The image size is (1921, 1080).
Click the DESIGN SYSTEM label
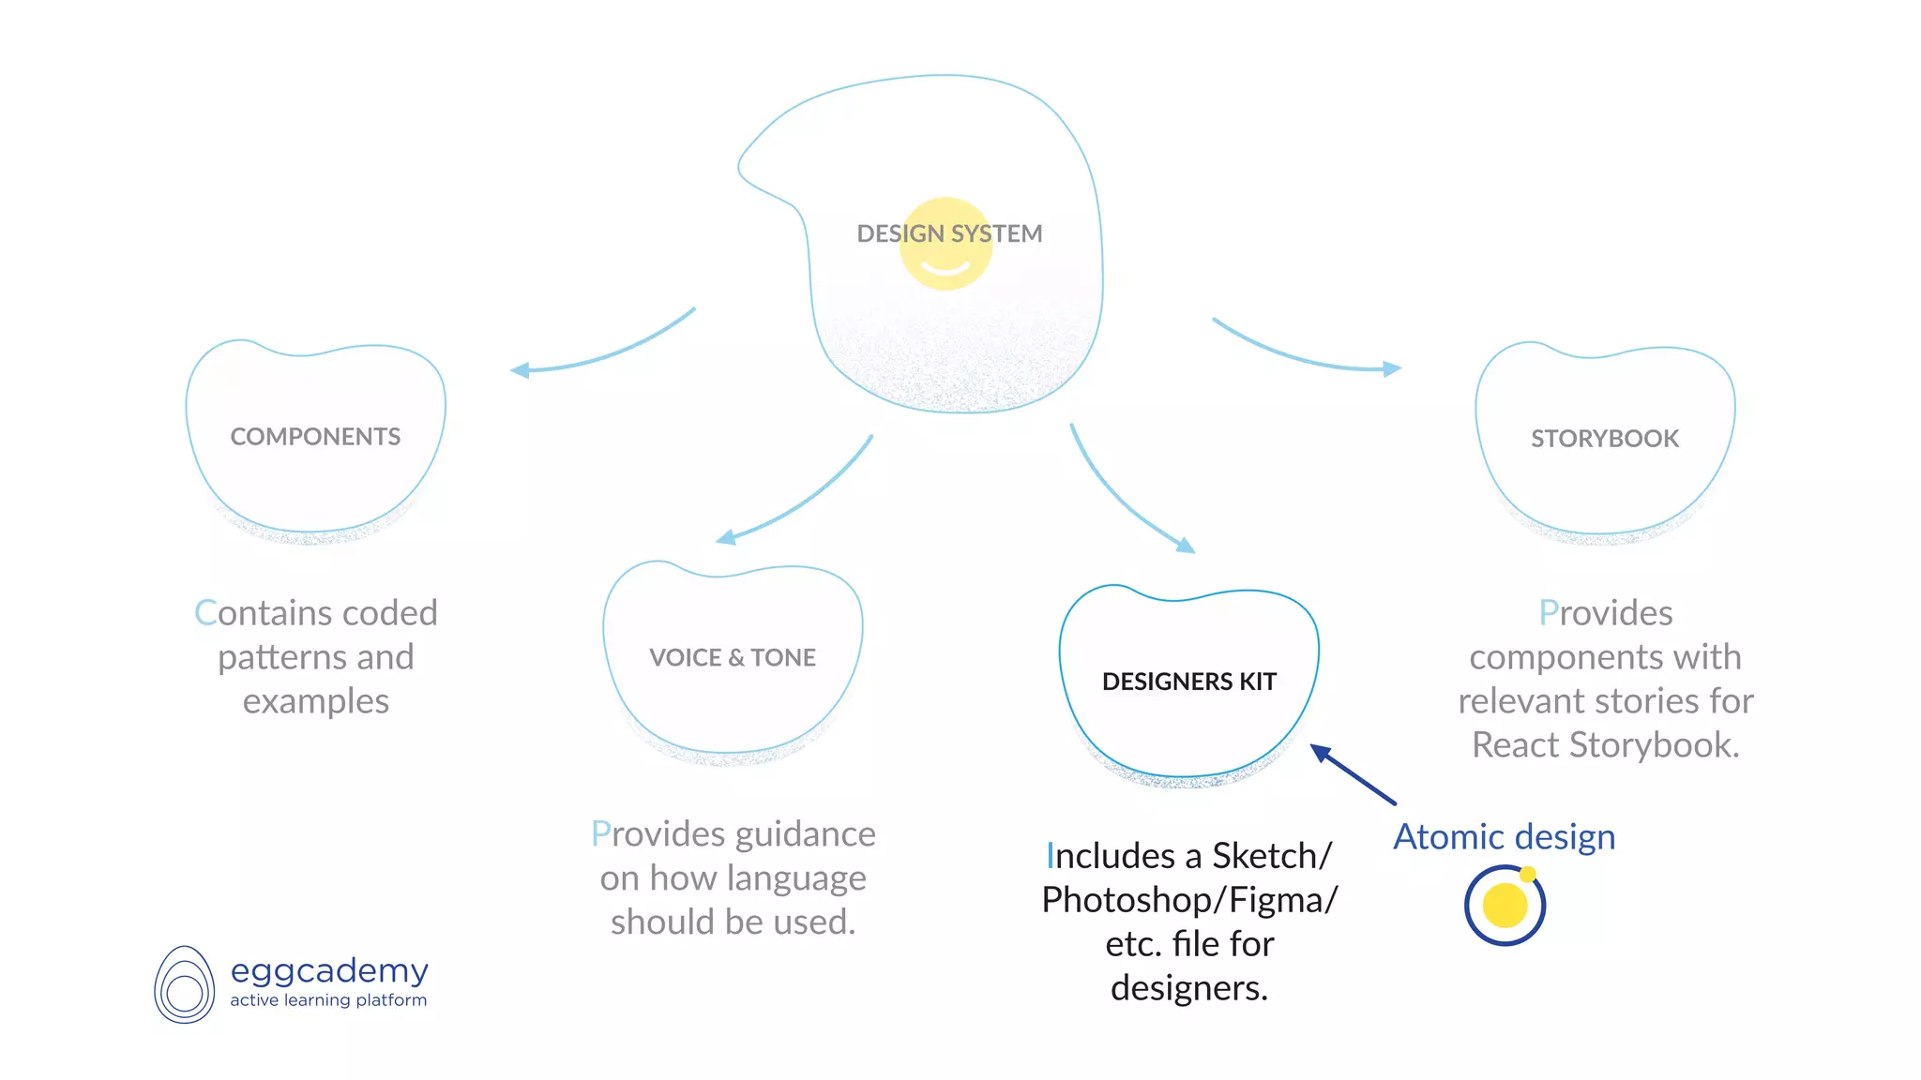949,233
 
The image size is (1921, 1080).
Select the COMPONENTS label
315,437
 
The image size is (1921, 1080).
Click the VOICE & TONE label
733,657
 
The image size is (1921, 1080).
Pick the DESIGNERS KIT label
1189,682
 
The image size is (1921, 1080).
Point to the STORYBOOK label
1605,439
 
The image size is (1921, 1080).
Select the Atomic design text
1504,836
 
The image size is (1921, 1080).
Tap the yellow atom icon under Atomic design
1505,906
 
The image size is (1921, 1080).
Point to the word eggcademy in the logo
329,970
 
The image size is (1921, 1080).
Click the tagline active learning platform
328,1000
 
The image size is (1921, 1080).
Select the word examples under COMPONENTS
315,701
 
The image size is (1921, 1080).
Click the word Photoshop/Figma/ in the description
1189,900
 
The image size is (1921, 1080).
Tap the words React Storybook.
1605,745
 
